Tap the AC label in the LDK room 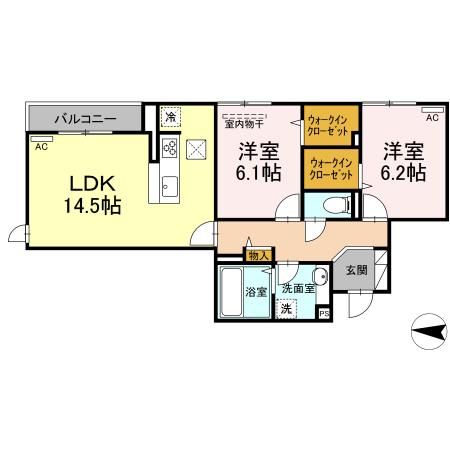click(41, 147)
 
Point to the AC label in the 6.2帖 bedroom click(431, 117)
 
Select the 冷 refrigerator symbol click(171, 117)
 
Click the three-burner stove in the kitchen click(168, 149)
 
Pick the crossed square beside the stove click(196, 149)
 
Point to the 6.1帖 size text click(259, 173)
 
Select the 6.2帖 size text click(403, 172)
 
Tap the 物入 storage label click(257, 257)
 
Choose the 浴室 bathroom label click(256, 292)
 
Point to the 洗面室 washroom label click(297, 288)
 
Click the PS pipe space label click(324, 313)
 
